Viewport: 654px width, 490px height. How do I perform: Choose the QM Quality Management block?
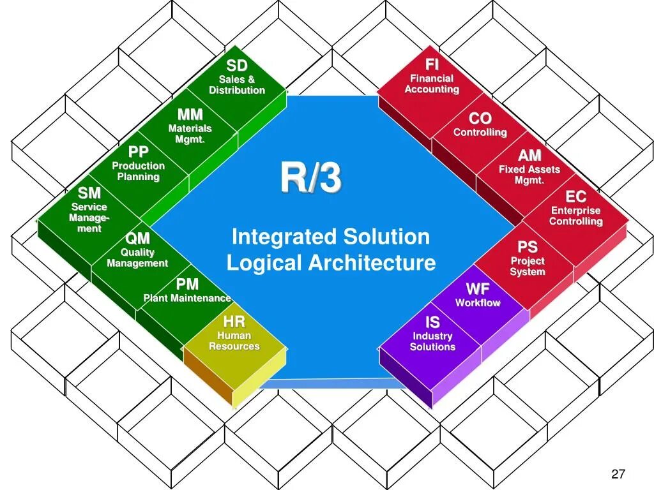point(137,251)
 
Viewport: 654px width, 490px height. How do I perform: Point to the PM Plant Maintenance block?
point(187,291)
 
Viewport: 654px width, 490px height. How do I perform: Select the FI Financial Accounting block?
point(432,78)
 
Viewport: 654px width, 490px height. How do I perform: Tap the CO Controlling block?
point(480,125)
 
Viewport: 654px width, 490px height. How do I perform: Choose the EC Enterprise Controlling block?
point(576,208)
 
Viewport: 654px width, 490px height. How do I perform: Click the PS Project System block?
point(528,258)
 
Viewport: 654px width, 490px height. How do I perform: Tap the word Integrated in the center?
point(285,237)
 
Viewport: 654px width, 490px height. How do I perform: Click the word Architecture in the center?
point(373,263)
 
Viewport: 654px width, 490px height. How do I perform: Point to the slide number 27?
point(618,473)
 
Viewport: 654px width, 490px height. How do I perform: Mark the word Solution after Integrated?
point(386,237)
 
